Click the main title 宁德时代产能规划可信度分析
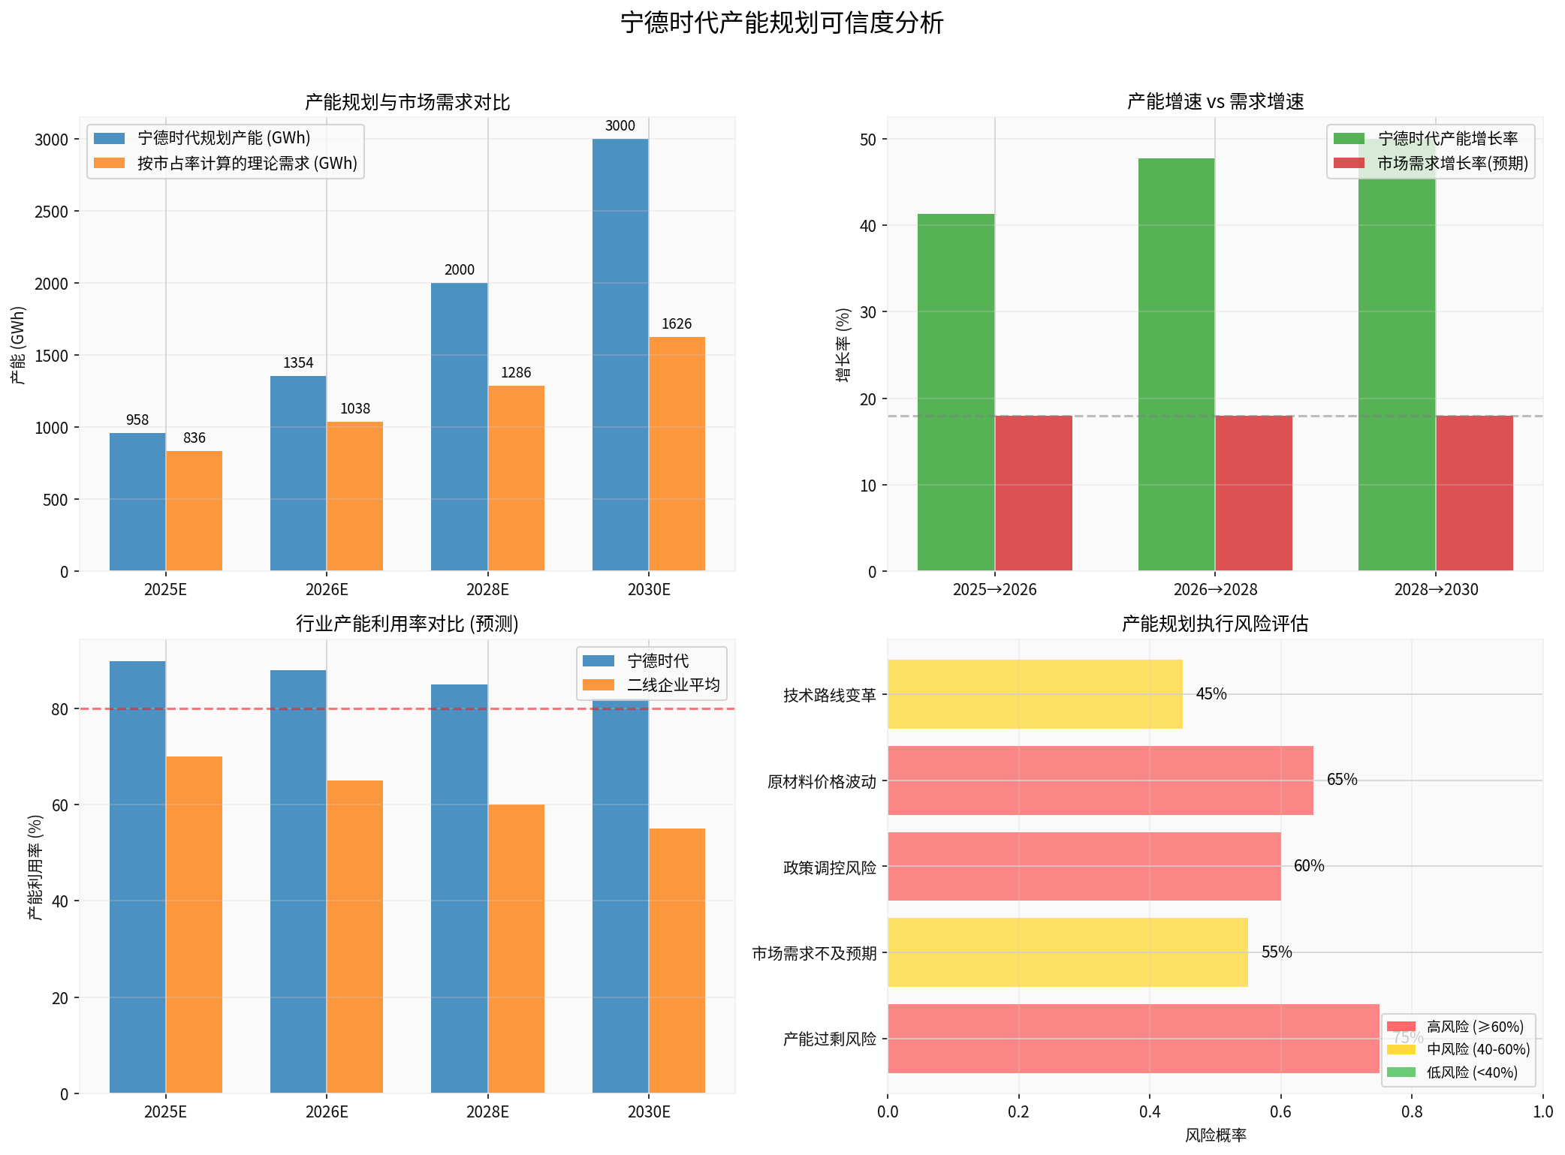(x=782, y=23)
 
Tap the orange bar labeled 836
(x=194, y=510)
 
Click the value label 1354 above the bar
(x=298, y=363)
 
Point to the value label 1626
(x=676, y=324)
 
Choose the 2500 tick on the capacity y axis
(x=52, y=212)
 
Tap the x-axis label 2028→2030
(x=1435, y=590)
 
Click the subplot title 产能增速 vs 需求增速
(x=1214, y=101)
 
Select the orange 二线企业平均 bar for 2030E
(x=676, y=961)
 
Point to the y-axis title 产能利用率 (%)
(x=35, y=867)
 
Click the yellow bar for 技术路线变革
(x=1034, y=694)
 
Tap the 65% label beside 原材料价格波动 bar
(x=1341, y=780)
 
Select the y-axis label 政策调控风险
(x=829, y=868)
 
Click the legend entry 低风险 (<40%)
(x=1471, y=1072)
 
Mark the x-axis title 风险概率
(x=1214, y=1135)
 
